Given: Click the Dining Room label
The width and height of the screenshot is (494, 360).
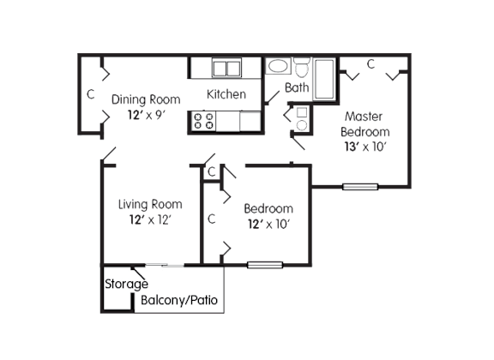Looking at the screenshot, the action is tap(146, 99).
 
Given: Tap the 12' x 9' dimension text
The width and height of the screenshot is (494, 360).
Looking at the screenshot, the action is tap(146, 115).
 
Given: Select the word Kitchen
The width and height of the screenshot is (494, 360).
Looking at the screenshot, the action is tap(226, 94).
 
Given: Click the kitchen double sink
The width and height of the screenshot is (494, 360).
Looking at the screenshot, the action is tap(226, 67).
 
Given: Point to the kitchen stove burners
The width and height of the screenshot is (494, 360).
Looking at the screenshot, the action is tap(203, 121).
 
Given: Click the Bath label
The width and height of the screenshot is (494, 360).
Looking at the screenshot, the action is tap(297, 87).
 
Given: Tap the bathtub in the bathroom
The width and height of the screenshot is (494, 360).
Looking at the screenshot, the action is tap(324, 79).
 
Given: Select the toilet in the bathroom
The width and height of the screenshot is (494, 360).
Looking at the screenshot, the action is tap(303, 68).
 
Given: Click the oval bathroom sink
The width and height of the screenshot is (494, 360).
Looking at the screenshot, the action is tap(278, 66).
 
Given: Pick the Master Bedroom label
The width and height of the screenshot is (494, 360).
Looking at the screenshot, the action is tap(365, 124).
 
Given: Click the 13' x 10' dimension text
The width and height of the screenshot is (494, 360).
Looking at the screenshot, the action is tap(365, 147).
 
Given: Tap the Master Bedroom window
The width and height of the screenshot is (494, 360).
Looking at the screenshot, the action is tap(360, 187).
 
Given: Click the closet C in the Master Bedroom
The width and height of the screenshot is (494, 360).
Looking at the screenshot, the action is tap(370, 64).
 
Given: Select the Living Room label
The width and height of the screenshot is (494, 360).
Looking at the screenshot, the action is tap(150, 204).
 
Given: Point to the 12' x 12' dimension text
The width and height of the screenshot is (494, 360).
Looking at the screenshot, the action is tap(150, 219).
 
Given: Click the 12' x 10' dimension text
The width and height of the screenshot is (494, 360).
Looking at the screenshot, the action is tap(268, 224).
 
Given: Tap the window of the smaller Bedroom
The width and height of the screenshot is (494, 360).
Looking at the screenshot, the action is tap(265, 265).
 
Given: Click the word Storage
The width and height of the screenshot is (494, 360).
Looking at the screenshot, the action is tap(126, 284).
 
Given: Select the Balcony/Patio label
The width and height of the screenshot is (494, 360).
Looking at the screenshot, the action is tap(179, 300).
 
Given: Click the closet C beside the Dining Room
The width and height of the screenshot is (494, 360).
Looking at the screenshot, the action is tap(90, 94).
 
